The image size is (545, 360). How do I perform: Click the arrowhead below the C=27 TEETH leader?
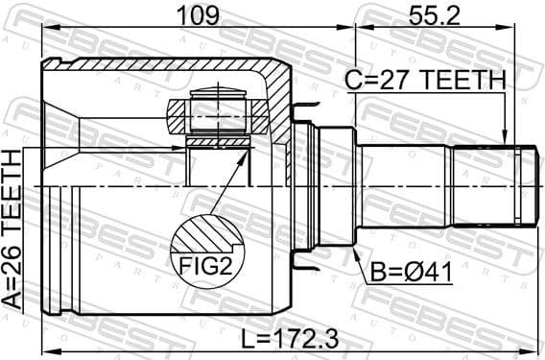pyautogui.click(x=505, y=140)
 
